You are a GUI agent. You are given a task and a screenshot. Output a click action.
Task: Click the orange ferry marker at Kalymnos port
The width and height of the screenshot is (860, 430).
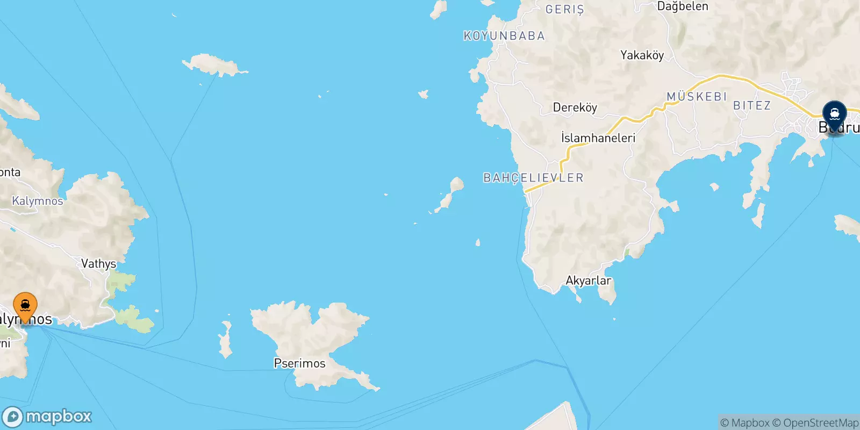(x=25, y=307)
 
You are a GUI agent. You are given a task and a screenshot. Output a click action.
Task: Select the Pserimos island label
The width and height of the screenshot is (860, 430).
(x=299, y=363)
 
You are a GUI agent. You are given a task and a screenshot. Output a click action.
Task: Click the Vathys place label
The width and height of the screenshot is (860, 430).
(x=98, y=263)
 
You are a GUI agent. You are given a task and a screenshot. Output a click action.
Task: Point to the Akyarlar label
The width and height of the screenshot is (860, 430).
(x=588, y=281)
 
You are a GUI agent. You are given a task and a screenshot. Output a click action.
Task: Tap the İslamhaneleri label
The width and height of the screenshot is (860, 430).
(x=598, y=138)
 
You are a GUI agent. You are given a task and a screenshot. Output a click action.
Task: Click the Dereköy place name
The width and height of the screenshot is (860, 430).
(x=575, y=107)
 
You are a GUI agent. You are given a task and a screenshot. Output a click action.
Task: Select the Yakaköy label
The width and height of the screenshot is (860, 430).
(x=642, y=55)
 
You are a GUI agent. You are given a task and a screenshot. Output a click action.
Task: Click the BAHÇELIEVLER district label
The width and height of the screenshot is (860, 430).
(x=533, y=178)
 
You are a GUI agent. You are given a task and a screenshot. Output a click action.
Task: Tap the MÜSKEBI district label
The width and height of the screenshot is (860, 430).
(x=697, y=97)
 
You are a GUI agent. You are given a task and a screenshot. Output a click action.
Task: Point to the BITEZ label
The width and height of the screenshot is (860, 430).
(x=751, y=106)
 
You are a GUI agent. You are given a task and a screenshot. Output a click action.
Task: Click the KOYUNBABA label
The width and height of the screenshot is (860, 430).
(x=504, y=36)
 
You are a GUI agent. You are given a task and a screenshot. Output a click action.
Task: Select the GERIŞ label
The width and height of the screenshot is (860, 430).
(x=564, y=9)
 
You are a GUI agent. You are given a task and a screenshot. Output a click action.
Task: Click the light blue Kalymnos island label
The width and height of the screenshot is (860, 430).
(x=37, y=201)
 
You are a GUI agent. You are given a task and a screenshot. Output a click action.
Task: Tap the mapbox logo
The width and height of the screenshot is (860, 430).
(x=47, y=417)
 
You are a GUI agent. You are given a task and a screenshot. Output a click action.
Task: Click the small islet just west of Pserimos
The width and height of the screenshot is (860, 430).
(x=226, y=340)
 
